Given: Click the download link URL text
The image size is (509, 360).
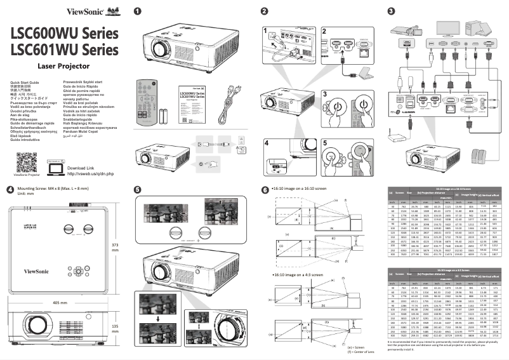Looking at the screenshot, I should tap(90, 173).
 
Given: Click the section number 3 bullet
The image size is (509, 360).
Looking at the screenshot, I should tap(391, 11).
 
